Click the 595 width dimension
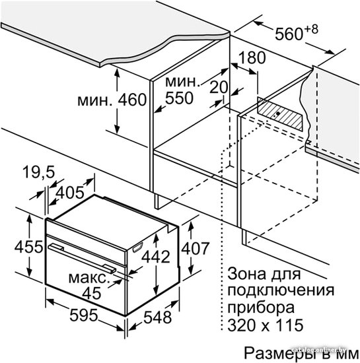coord(84,315)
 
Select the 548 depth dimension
coord(157,317)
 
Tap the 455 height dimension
coord(28,247)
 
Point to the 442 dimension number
coord(156,257)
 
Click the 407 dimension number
coord(196,248)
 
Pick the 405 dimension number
coord(70,192)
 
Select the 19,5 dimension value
coord(39,172)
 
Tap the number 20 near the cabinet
coord(219,87)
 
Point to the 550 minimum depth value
coord(179,98)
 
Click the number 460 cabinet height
coord(132,100)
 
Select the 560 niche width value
coord(289,34)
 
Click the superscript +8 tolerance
coord(311,30)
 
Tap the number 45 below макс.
coord(92,293)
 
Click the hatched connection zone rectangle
coord(279,114)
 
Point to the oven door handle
coord(82,258)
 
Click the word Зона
coord(246,274)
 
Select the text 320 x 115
coord(266,325)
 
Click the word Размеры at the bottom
coord(280,353)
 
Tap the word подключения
coord(281,291)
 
